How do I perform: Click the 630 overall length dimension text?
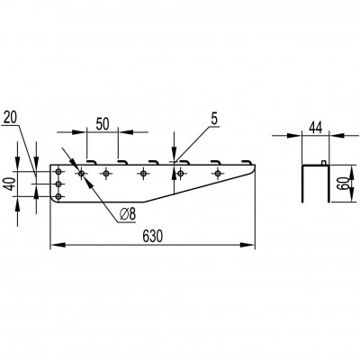point(152,236)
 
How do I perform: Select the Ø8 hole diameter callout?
point(128,214)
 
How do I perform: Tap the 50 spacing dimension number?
point(103,124)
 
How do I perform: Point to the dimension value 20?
point(10,117)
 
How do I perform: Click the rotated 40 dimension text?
point(11,184)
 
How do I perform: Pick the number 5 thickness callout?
point(214,120)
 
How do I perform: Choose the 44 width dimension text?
point(315,128)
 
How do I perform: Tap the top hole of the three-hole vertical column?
point(58,172)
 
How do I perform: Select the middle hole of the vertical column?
point(58,184)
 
